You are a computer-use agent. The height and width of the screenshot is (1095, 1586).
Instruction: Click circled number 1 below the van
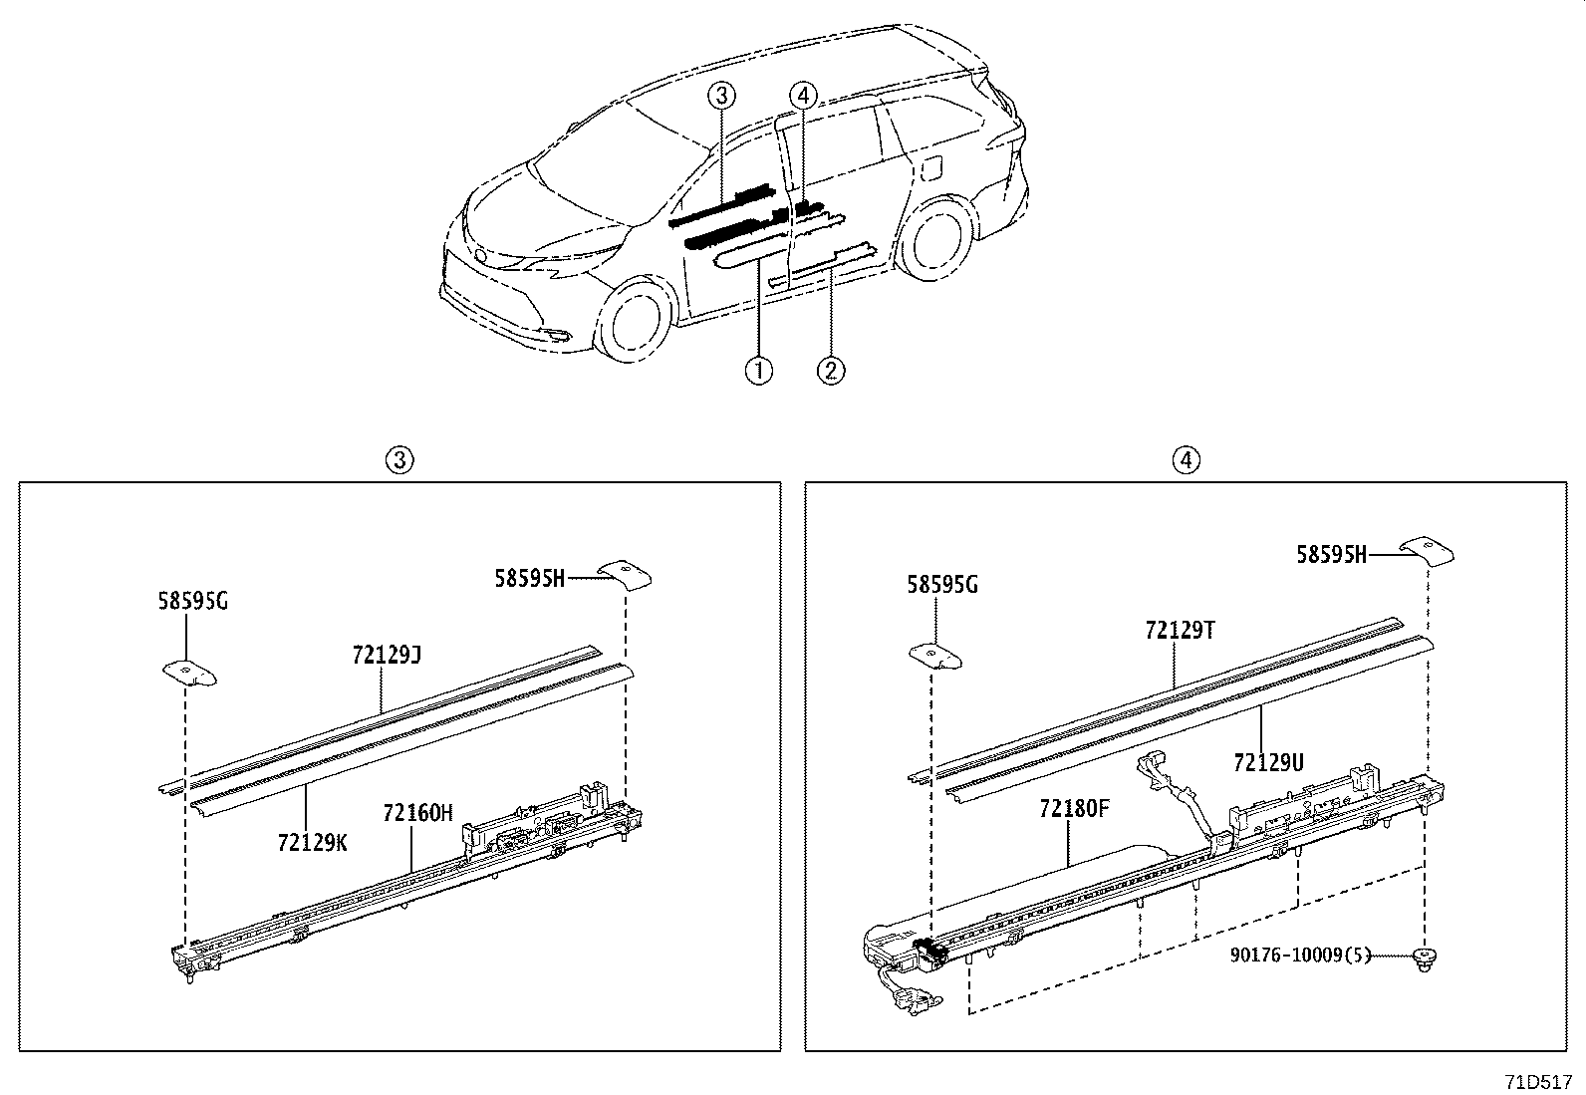(758, 371)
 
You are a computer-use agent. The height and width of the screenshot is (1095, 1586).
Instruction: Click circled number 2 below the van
(831, 371)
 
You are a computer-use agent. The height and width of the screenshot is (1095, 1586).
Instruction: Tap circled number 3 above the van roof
(722, 96)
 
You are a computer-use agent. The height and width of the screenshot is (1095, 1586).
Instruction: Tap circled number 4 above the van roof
(803, 96)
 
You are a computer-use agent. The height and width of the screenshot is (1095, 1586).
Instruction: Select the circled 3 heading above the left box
(399, 459)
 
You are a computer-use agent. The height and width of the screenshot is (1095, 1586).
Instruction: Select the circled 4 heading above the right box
(1186, 459)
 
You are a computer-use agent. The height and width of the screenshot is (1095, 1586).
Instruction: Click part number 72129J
(387, 655)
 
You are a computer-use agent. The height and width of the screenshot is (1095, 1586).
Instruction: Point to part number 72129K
(313, 843)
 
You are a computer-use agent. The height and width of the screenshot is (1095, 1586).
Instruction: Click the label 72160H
(417, 813)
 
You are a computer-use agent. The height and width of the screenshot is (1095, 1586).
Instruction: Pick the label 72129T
(1181, 630)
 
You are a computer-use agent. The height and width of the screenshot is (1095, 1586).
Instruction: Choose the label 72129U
(1268, 762)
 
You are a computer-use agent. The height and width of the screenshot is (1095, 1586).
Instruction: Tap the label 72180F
(1074, 808)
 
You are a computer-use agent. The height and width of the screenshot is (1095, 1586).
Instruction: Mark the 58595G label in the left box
(192, 601)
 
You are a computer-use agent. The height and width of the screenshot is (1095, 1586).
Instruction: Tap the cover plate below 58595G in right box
(935, 655)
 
